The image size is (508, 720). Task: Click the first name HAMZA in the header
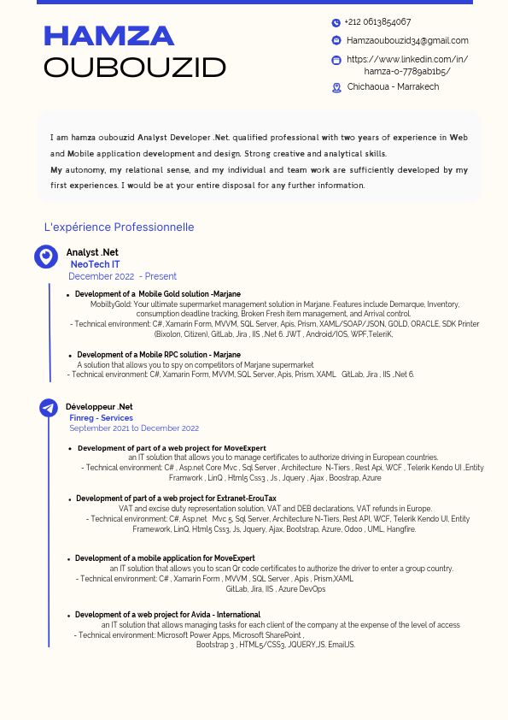(108, 36)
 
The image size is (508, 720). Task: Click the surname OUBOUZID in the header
(135, 68)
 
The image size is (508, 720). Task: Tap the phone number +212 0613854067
(377, 22)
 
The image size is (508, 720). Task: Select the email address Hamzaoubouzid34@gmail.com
(407, 40)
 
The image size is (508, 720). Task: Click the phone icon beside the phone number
(336, 23)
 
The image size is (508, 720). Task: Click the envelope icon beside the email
(336, 40)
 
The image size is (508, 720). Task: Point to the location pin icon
(336, 87)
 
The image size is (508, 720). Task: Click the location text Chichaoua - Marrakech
(393, 86)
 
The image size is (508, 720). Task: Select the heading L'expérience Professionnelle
(119, 227)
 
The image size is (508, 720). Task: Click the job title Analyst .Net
(92, 252)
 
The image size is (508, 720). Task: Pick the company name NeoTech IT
(95, 264)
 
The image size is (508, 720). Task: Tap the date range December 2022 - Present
(122, 276)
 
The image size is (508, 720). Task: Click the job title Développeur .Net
(99, 406)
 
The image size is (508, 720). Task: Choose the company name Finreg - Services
(101, 418)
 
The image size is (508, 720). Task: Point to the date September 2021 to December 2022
(134, 428)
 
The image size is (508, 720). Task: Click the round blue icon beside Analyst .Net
(45, 257)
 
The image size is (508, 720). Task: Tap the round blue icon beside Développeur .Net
(49, 408)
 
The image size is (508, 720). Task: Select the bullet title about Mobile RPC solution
(159, 354)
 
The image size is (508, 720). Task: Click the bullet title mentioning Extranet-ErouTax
(176, 498)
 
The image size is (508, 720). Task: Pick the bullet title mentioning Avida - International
(167, 615)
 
